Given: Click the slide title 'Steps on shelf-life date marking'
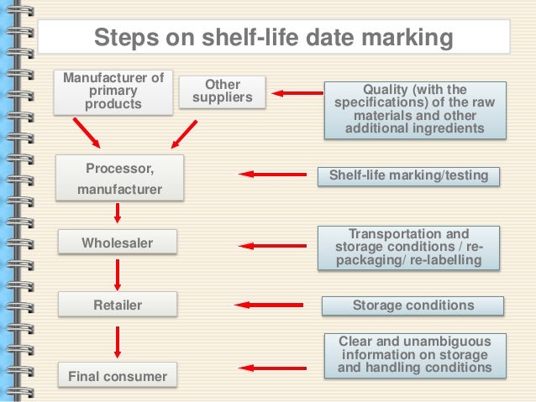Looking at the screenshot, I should pyautogui.click(x=274, y=38).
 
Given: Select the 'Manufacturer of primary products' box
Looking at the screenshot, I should pyautogui.click(x=113, y=92).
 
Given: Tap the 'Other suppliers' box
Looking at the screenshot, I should pyautogui.click(x=223, y=92).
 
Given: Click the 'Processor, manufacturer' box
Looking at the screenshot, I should pyautogui.click(x=119, y=179).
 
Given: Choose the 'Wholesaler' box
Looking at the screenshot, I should pyautogui.click(x=118, y=243).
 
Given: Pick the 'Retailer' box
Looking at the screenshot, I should pyautogui.click(x=118, y=305).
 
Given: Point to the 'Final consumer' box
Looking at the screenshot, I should pyautogui.click(x=118, y=375).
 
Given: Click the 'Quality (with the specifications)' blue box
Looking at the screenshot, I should pyautogui.click(x=415, y=109).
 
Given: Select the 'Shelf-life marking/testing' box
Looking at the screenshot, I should pyautogui.click(x=409, y=176).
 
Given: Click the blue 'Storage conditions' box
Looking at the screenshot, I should pyautogui.click(x=413, y=305).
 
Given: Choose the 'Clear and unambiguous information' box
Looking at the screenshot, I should pyautogui.click(x=414, y=354).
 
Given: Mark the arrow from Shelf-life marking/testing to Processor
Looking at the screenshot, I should pyautogui.click(x=272, y=175).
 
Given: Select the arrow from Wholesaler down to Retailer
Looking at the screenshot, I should pyautogui.click(x=118, y=274).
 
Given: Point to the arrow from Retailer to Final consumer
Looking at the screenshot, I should pyautogui.click(x=118, y=340).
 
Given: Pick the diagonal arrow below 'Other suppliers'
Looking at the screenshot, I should pyautogui.click(x=184, y=133).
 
